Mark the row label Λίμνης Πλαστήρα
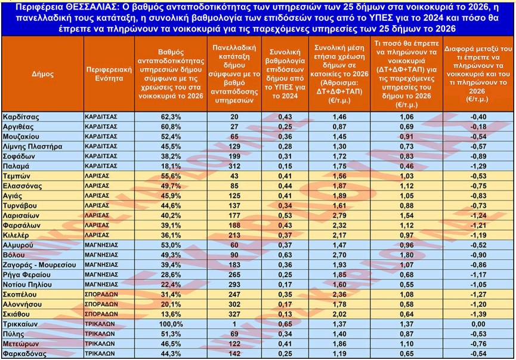pyautogui.click(x=31, y=146)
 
